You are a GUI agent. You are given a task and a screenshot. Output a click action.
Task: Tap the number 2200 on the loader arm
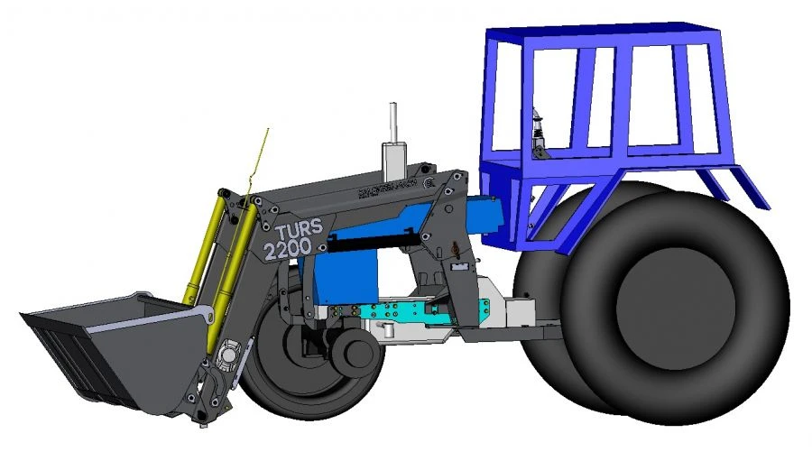click(x=289, y=246)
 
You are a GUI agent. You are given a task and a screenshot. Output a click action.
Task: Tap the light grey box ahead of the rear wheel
click(x=519, y=312)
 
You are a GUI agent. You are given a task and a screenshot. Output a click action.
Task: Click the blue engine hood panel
click(x=347, y=275)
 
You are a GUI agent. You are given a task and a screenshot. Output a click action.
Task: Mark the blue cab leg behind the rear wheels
click(x=740, y=185)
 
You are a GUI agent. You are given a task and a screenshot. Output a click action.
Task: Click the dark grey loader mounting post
click(x=456, y=262)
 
